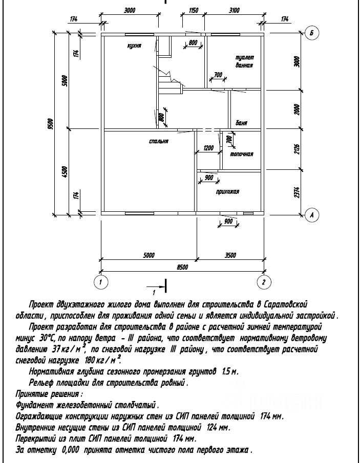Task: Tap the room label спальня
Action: coord(159,141)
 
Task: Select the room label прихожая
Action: coord(228,192)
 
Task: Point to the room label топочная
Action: coord(241,154)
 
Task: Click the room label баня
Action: coord(242,123)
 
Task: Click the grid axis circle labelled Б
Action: coord(311,33)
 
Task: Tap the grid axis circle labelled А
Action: coord(311,215)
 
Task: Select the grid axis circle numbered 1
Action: coord(101,282)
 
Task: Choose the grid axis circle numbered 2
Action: coord(263,282)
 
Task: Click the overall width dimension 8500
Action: coord(182,267)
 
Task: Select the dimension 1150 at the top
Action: coord(193,10)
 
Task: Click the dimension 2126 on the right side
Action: coord(297,149)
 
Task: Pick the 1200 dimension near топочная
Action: coord(208,148)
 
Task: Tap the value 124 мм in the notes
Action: coord(219,427)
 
